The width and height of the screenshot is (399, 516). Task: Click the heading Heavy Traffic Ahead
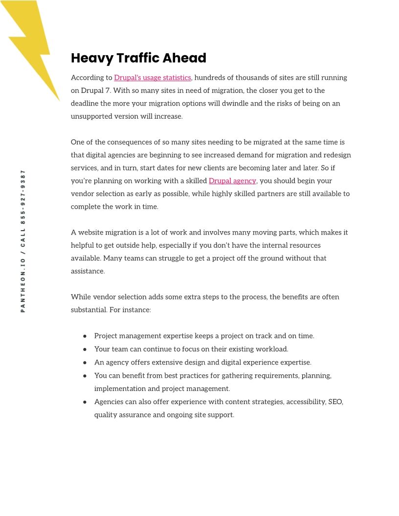138,58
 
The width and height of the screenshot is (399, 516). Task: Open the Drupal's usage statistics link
153,78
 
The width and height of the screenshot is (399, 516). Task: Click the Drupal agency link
232,181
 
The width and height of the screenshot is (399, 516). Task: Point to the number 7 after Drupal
107,91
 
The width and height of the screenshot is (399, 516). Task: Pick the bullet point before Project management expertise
85,336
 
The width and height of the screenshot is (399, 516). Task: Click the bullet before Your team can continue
85,349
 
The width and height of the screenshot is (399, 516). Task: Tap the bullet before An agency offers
85,363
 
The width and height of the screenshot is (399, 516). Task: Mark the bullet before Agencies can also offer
85,402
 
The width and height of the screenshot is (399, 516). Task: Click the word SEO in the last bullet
336,402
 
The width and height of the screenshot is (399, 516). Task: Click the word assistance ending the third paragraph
88,271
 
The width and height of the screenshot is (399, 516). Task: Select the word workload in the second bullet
271,349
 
